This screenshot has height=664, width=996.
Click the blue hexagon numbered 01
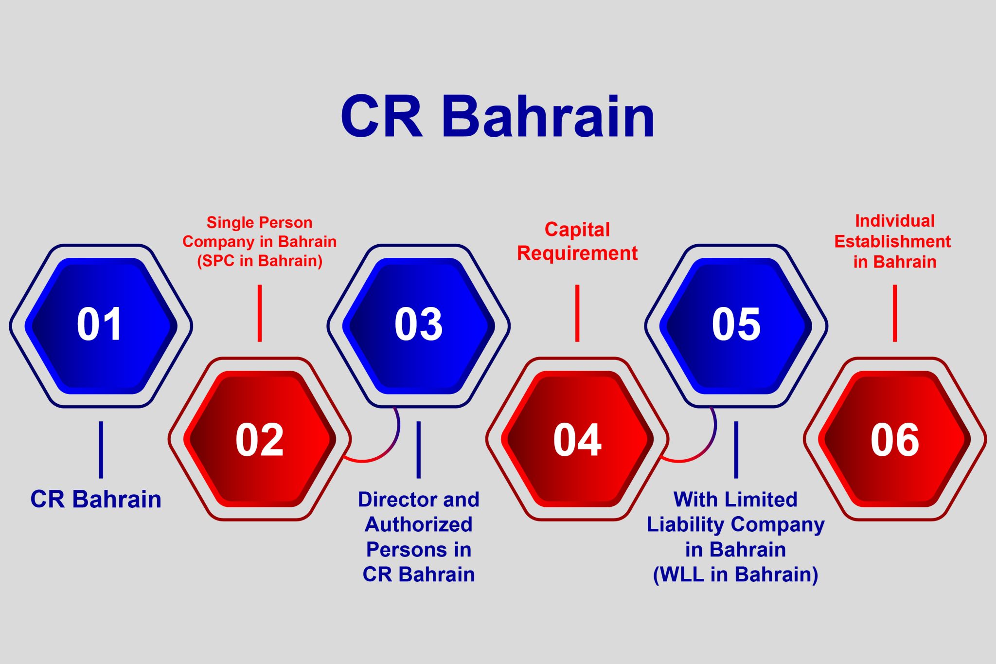click(101, 325)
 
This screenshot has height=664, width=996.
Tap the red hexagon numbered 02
click(259, 439)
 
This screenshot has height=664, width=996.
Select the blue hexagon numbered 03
click(418, 325)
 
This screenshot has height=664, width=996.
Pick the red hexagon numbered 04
click(577, 439)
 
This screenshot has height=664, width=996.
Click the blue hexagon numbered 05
click(736, 325)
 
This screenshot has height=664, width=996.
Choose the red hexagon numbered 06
click(895, 439)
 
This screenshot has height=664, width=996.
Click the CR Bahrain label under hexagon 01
click(96, 499)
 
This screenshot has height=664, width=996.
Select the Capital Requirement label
click(577, 241)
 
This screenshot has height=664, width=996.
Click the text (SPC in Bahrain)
click(259, 261)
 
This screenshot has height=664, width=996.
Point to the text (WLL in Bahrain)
click(735, 574)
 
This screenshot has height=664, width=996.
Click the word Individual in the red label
click(895, 221)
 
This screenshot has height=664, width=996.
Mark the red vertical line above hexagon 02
click(260, 313)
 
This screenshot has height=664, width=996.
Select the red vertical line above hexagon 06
click(895, 313)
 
